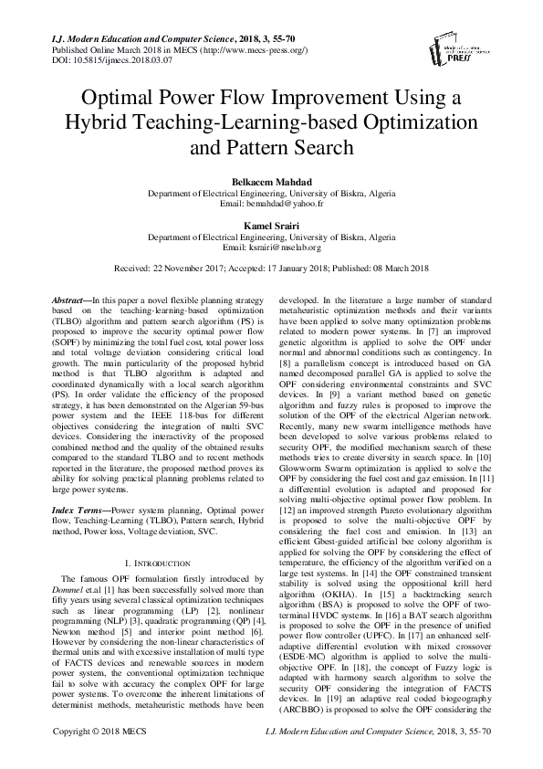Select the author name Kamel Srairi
[271, 225]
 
